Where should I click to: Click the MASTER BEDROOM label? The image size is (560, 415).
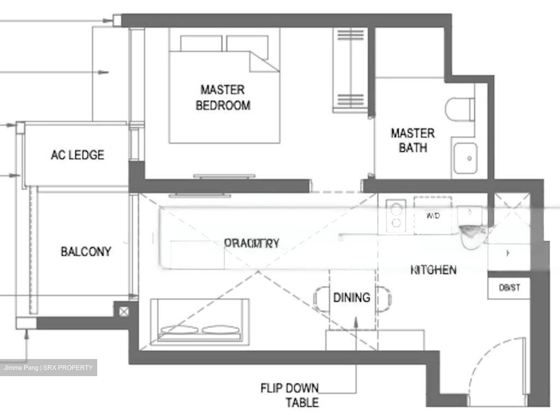223,98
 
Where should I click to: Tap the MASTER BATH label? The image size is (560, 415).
413,140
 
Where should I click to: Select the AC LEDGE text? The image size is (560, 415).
77,155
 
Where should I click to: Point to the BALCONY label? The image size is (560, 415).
86,251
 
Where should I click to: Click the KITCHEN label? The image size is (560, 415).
433,270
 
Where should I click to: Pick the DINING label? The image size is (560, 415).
352,298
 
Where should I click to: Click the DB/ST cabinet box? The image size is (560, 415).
509,288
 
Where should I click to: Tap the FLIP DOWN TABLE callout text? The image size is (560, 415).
290,395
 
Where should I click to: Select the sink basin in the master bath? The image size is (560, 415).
465,158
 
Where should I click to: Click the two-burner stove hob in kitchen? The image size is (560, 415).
396,215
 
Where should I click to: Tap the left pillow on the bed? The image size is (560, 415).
201,43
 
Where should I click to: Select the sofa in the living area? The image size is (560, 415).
199,321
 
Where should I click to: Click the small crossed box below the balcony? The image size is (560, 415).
123,311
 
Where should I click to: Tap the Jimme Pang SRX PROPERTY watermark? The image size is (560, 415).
48,368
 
